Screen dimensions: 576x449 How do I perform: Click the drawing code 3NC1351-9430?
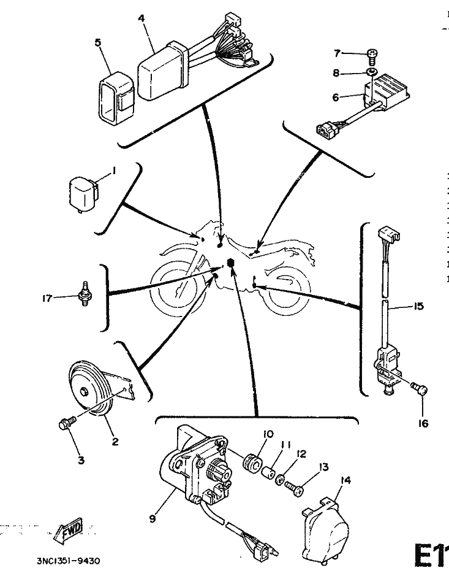click(61, 560)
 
